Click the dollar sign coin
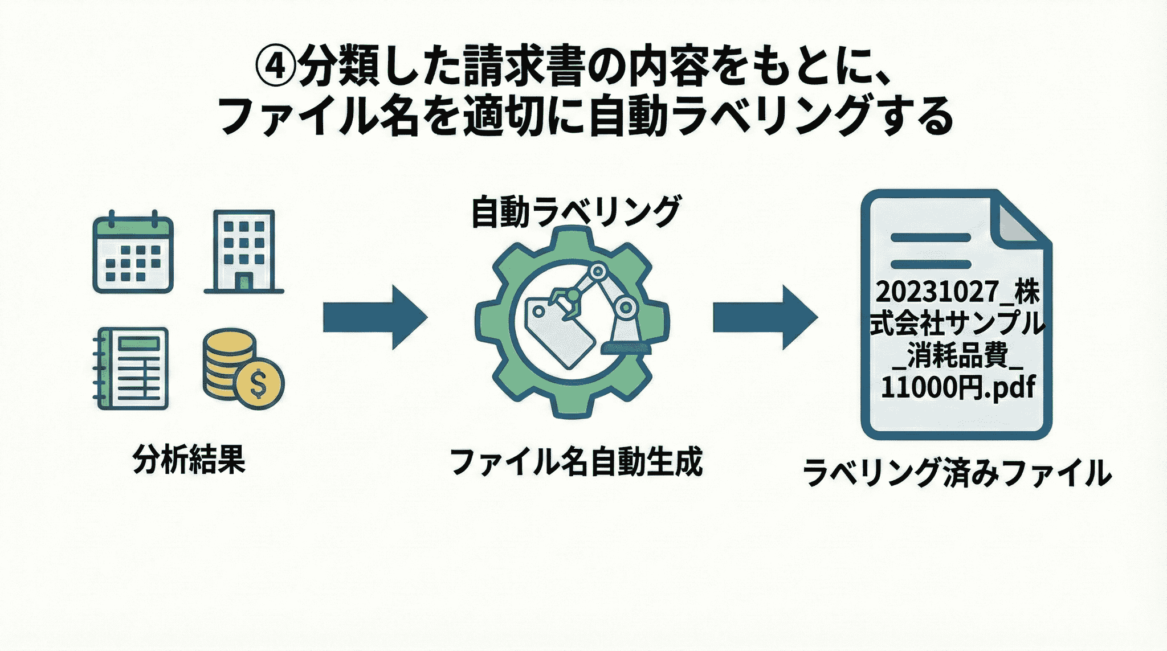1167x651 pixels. tap(259, 383)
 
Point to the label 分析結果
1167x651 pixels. tap(189, 459)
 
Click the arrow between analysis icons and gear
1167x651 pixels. tap(374, 317)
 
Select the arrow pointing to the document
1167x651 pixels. tap(765, 317)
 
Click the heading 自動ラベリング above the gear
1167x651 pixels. tap(576, 212)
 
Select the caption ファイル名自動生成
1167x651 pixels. tap(576, 462)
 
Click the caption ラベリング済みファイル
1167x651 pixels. tap(957, 473)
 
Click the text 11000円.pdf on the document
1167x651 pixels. tap(957, 387)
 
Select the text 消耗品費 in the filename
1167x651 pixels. tap(957, 355)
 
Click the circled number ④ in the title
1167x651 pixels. tap(276, 67)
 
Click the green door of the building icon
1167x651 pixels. tap(244, 282)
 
